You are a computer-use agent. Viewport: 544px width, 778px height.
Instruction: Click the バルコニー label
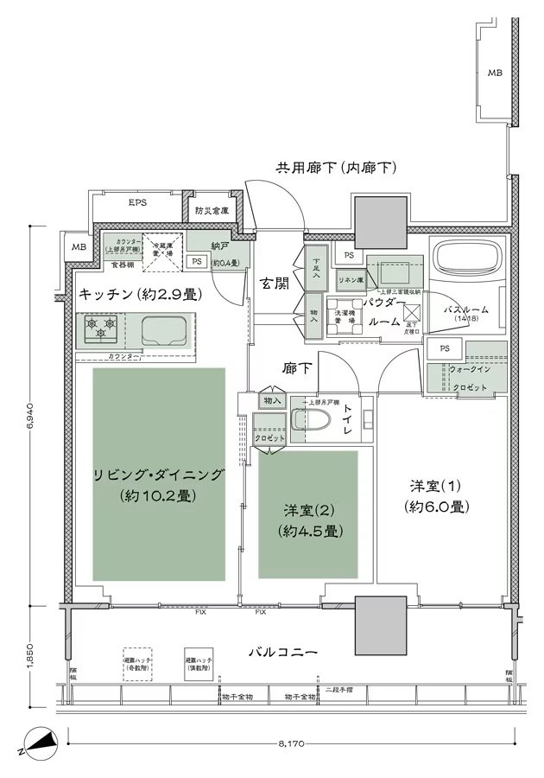click(x=284, y=650)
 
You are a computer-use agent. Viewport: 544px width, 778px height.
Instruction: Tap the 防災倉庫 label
click(x=212, y=210)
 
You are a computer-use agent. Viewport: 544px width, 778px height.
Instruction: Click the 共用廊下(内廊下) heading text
click(x=335, y=167)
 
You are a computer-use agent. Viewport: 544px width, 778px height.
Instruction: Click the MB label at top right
click(x=494, y=73)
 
